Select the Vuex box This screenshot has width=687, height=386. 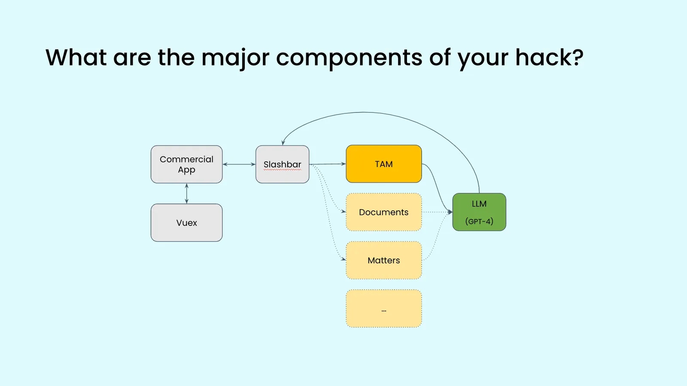pos(186,223)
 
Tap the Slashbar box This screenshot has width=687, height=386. pos(282,164)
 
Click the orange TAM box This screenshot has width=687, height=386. pos(383,164)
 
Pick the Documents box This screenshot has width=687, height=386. pos(383,212)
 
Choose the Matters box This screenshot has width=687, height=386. pos(383,260)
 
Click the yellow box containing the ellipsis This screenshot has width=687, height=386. pos(383,309)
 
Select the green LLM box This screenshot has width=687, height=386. pos(479,212)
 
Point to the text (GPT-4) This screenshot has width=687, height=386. pos(479,222)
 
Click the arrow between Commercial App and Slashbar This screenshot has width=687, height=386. pos(239,164)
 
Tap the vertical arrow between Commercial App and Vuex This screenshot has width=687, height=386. pos(186,194)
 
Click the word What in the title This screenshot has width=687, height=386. pos(76,58)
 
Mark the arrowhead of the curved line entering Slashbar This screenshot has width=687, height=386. pos(283,143)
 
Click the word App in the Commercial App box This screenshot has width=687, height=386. pos(186,170)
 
